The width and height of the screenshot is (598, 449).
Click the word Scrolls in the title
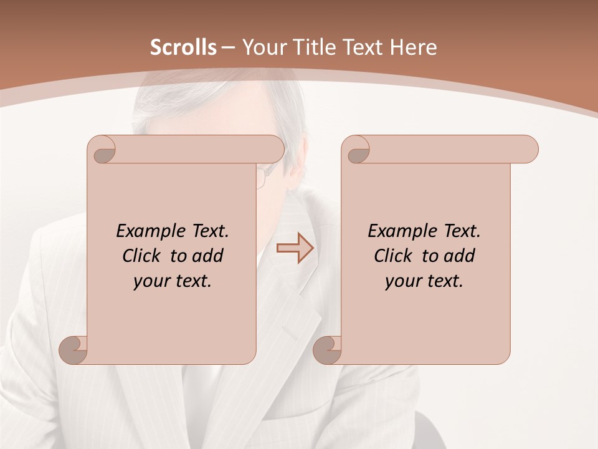[x=183, y=47]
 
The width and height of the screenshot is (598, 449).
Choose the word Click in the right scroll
[x=394, y=256]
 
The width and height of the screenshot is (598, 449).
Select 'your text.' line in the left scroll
[x=173, y=281]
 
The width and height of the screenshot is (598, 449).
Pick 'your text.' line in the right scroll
[x=424, y=281]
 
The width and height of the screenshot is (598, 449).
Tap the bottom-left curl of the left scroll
[x=74, y=349]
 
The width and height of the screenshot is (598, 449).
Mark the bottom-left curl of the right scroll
[x=328, y=349]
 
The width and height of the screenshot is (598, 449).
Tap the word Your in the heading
[x=260, y=47]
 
